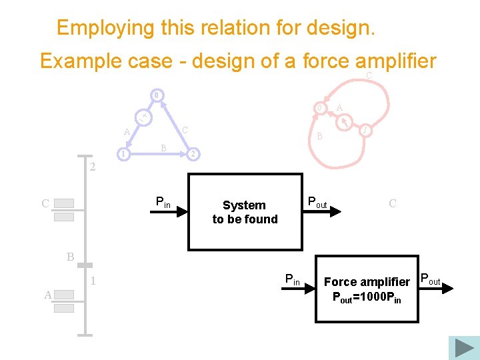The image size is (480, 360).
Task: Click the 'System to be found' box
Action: point(245,212)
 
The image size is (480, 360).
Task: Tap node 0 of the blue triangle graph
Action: point(156,95)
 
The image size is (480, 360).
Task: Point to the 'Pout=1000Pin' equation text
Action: point(367,297)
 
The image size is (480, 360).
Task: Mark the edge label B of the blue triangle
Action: point(163,148)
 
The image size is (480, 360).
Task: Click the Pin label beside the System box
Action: point(163,201)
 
